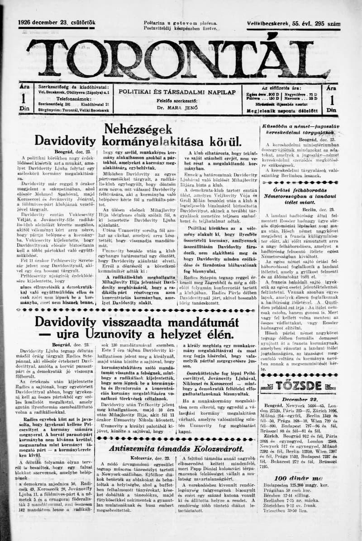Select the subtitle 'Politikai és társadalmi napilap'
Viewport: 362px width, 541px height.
177,91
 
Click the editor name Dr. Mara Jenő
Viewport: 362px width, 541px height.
177,108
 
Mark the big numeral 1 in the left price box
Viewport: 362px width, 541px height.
24,98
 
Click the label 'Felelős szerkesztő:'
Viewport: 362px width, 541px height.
177,101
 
